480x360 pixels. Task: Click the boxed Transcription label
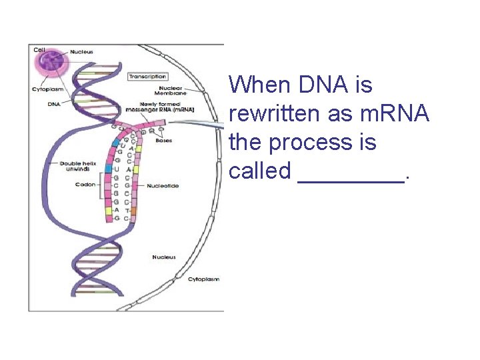147,77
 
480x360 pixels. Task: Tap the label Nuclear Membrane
171,91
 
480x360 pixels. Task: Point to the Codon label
85,185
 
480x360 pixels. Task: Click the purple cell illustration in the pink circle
49,64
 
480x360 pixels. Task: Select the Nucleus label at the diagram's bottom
163,257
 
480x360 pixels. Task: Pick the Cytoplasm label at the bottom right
203,279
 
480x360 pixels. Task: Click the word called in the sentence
260,171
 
